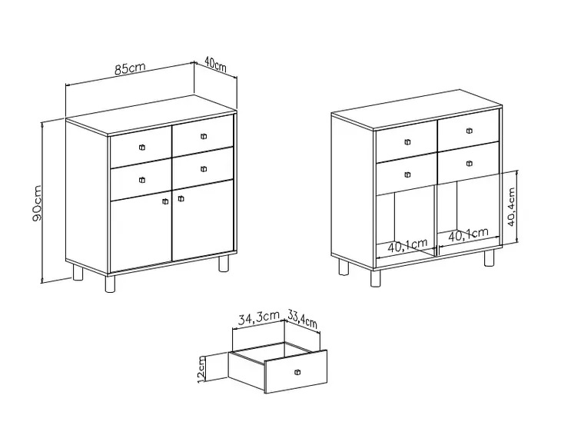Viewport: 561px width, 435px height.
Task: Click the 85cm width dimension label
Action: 130,68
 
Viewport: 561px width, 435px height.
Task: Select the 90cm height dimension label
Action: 37,203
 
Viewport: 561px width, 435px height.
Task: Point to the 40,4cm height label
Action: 512,207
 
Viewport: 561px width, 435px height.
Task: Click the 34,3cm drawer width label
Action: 259,317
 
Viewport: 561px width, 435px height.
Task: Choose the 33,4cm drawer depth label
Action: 302,318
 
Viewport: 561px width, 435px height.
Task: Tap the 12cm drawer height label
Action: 201,369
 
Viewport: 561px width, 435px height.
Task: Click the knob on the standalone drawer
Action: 297,373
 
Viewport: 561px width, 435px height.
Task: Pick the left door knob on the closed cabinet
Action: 165,201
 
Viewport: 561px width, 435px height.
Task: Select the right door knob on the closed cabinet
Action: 181,198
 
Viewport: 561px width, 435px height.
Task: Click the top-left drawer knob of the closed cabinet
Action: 142,147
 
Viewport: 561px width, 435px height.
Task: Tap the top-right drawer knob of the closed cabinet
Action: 204,136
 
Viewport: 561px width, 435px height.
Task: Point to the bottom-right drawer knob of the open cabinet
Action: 470,164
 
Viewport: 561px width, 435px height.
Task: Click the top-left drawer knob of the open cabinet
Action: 407,142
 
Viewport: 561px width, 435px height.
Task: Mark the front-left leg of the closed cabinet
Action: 111,283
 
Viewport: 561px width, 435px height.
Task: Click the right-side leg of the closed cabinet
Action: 224,262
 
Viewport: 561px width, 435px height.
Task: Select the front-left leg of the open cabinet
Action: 376,278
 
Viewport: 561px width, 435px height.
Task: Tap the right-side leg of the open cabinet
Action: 489,257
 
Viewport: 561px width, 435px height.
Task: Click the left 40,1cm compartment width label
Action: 407,246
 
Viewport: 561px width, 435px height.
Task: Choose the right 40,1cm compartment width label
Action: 468,234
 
